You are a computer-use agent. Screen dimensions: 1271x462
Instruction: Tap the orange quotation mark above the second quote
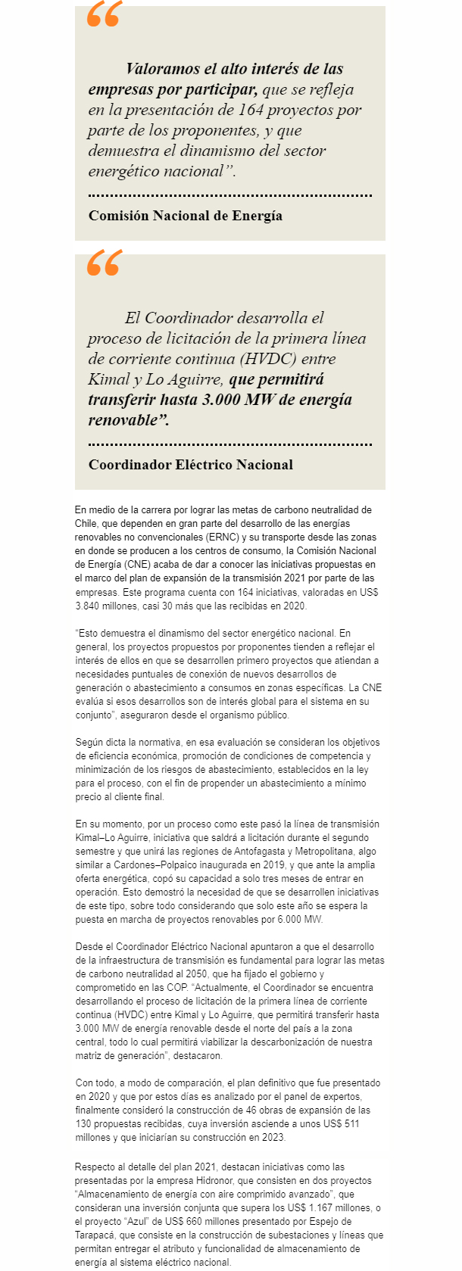(104, 263)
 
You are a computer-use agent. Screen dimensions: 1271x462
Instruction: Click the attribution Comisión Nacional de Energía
(186, 216)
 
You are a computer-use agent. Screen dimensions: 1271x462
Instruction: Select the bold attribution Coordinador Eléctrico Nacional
(191, 465)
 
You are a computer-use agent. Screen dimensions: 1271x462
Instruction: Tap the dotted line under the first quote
(230, 195)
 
